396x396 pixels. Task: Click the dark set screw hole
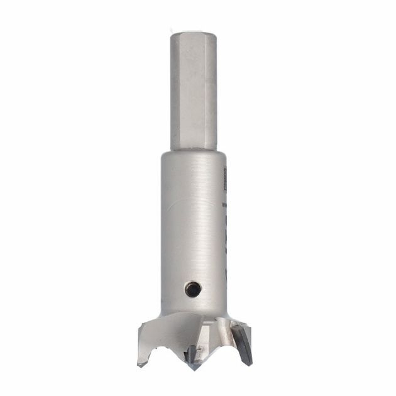click(x=193, y=289)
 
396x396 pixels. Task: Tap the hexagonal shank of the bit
click(x=193, y=94)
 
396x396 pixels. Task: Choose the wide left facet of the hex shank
click(x=186, y=94)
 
